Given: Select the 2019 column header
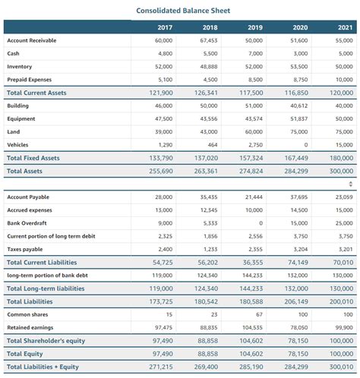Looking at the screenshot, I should [254, 27].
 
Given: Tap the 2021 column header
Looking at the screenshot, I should [344, 27].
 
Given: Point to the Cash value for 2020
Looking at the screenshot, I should [300, 53].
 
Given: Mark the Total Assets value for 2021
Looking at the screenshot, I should [340, 172].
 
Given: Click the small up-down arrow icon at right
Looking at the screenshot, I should [350, 184].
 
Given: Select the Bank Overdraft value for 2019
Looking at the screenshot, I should [261, 223].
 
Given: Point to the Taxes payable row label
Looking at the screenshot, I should [25, 249].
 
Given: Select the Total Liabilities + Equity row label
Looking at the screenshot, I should [43, 367].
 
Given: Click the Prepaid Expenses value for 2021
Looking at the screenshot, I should [344, 79].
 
